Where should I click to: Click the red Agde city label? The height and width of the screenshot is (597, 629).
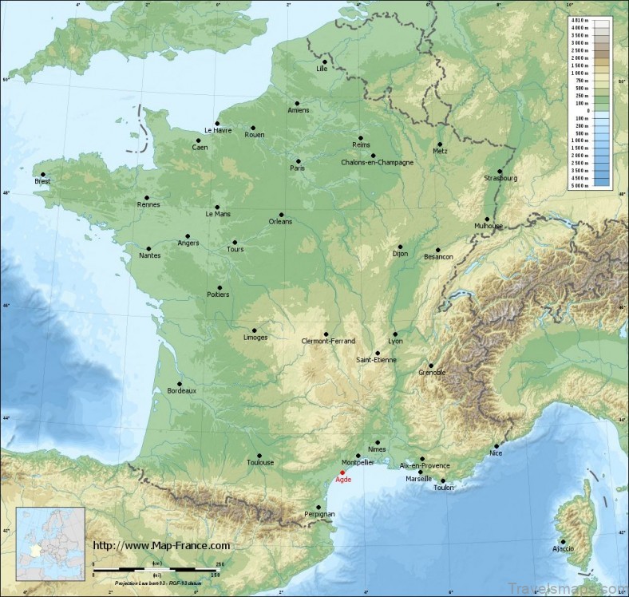[x=343, y=480]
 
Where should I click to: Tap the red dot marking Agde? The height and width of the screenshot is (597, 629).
[x=342, y=472]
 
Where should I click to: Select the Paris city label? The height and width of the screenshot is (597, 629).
[x=298, y=168]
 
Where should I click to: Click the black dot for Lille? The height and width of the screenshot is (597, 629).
[x=325, y=61]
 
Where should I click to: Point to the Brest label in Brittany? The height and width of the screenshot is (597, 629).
[x=42, y=182]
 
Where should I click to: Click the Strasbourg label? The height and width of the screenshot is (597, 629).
[x=500, y=178]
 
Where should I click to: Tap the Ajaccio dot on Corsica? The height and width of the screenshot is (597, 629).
[x=563, y=542]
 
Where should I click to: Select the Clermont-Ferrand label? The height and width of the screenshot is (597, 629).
[x=328, y=341]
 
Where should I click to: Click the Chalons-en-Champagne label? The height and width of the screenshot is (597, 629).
[x=378, y=163]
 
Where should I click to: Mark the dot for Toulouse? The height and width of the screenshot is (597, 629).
[x=259, y=455]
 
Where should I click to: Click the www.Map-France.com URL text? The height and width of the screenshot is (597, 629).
[x=162, y=546]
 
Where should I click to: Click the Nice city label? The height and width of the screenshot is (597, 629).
[x=496, y=453]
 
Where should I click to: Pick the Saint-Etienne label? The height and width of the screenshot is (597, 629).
[x=376, y=360]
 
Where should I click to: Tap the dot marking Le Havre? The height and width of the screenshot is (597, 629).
[x=217, y=123]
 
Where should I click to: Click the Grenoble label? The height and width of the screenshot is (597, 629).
[x=433, y=373]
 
